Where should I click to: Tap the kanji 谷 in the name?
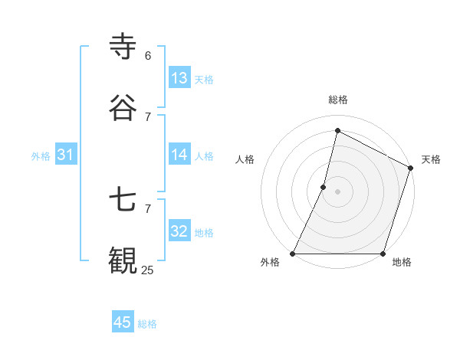[x=123, y=108]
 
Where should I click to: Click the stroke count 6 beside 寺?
[x=147, y=56]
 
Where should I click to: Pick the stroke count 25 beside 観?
[x=147, y=270]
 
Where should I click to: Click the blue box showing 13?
[x=179, y=78]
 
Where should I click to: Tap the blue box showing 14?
[x=179, y=155]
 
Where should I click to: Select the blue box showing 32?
[x=179, y=231]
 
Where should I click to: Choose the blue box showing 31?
[x=66, y=155]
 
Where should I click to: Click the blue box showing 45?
[x=123, y=322]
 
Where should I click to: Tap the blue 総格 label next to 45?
[x=147, y=324]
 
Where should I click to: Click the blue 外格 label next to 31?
[x=41, y=156]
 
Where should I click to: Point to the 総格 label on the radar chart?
[x=338, y=100]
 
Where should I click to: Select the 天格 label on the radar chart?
[x=431, y=159]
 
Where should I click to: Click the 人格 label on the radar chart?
[x=245, y=159]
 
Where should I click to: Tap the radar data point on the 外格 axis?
[x=293, y=254]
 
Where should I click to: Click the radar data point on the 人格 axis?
[x=324, y=186]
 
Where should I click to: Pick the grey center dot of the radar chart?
[x=338, y=191]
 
